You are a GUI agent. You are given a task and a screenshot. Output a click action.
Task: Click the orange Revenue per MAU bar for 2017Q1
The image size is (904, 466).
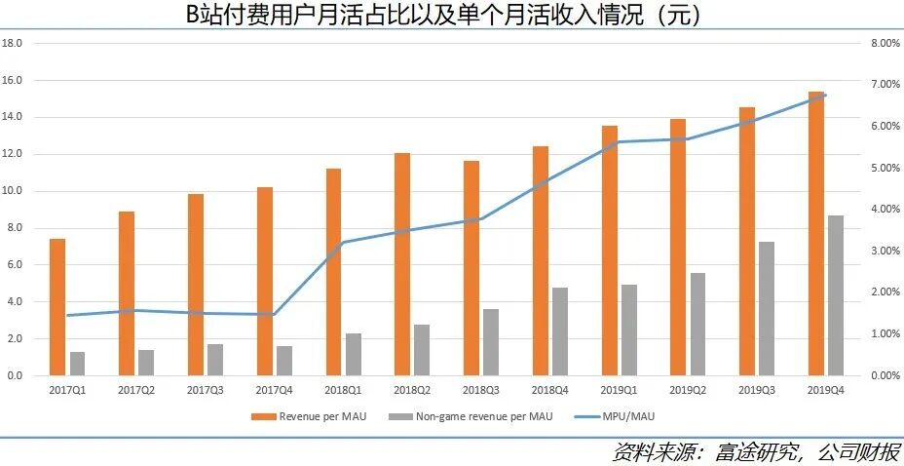pyautogui.click(x=57, y=307)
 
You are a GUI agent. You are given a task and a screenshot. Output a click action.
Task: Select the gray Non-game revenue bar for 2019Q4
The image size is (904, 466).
pyautogui.click(x=836, y=295)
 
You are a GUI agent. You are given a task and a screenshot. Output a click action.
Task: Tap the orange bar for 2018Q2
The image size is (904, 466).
pyautogui.click(x=402, y=264)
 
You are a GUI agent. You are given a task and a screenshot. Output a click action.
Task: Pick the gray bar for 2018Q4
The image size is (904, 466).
pyautogui.click(x=559, y=331)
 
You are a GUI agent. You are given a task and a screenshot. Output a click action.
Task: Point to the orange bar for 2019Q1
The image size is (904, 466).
pyautogui.click(x=609, y=251)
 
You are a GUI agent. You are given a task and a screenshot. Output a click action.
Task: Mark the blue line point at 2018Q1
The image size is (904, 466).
pyautogui.click(x=343, y=243)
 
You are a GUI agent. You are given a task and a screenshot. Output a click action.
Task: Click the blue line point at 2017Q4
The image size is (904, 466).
pyautogui.click(x=274, y=314)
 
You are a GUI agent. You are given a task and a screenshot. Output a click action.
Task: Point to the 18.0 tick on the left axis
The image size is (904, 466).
pyautogui.click(x=13, y=44)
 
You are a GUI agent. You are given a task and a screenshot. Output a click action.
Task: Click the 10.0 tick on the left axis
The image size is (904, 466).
pyautogui.click(x=13, y=191)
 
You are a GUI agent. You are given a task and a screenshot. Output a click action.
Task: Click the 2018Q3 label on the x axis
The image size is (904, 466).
pyautogui.click(x=480, y=390)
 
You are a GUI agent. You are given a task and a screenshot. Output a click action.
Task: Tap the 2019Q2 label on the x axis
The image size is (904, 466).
pyautogui.click(x=688, y=390)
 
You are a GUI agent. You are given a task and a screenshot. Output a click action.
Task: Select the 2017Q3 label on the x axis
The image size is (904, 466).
pyautogui.click(x=205, y=390)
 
